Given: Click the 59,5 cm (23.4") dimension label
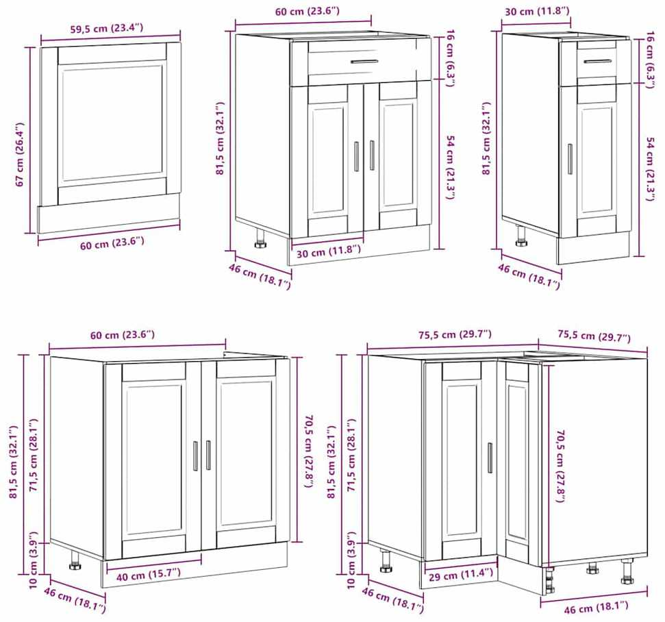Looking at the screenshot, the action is (106, 29).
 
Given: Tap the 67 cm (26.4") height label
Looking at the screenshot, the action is (19, 154).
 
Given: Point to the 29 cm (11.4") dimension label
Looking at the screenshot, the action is (461, 575).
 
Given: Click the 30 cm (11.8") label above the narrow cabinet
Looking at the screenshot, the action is (537, 12).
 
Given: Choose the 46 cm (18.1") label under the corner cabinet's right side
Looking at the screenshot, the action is (596, 608).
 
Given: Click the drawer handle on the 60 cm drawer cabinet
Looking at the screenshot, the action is (364, 62).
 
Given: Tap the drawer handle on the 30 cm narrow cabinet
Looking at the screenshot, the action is (598, 61).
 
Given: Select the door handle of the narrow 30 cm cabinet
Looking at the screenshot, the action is (570, 159).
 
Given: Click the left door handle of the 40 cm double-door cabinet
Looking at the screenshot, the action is (195, 456).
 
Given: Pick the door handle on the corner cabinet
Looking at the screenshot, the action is (490, 458).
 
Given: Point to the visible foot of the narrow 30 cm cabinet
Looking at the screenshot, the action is (520, 237).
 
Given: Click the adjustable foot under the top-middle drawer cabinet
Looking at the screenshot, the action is (260, 239).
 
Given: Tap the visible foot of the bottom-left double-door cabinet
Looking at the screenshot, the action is (75, 560).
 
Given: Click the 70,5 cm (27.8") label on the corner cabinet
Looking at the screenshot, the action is (561, 466).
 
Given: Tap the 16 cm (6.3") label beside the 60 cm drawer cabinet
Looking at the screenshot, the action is (450, 58).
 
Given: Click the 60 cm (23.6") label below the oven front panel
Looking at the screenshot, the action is (112, 243).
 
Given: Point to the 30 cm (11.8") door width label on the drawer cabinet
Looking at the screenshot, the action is (329, 251).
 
